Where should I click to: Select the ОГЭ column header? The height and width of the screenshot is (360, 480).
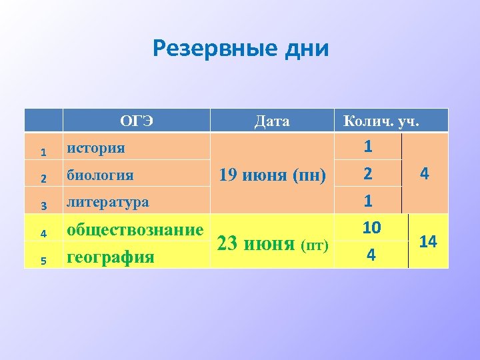coord(137,121)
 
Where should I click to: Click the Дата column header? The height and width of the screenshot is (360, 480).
coord(272,121)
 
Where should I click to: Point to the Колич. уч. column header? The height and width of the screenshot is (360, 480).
coord(381,121)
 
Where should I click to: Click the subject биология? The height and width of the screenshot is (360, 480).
coord(99,176)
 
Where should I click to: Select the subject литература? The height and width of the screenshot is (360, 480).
coord(107,201)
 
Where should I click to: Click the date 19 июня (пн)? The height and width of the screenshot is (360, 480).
coord(272,176)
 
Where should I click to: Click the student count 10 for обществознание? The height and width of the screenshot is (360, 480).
coord(371,228)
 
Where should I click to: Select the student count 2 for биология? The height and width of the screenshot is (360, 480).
coord(368,175)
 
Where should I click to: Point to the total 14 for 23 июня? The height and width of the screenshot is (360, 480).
coord(427,242)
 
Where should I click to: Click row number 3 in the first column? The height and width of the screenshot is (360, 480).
coord(43,205)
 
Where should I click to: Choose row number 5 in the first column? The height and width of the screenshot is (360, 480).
coord(43,261)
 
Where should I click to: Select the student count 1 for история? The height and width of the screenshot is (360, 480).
coord(368,146)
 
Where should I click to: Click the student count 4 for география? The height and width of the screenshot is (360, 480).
coord(371,255)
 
